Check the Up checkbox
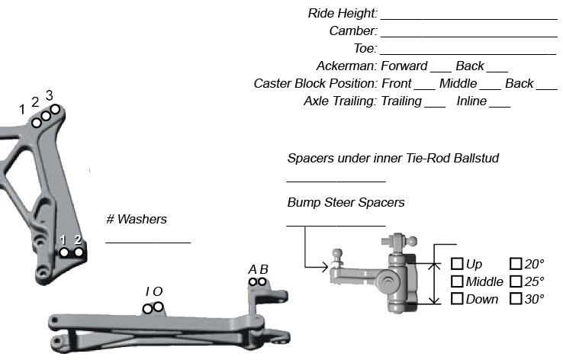pos(457,264)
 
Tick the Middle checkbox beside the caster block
pos(457,281)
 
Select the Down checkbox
pos(457,299)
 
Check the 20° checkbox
pos(515,264)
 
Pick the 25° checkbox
pos(515,281)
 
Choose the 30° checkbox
pos(515,299)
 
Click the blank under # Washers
pos(147,240)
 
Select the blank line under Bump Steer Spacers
pos(336,223)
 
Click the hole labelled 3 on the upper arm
pos(55,109)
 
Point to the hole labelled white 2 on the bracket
pos(78,252)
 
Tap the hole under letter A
pos(253,282)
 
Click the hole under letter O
pos(158,307)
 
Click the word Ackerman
pos(346,66)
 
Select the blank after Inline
pos(500,104)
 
